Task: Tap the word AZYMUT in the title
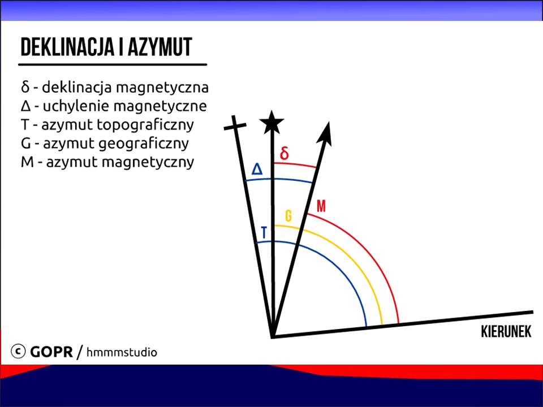160,47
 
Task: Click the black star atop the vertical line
272,122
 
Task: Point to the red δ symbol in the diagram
285,153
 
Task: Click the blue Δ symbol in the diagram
257,169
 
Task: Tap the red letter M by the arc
321,206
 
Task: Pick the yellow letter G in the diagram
288,215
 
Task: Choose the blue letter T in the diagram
264,232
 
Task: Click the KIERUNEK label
506,332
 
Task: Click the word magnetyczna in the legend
162,88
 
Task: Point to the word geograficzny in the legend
143,144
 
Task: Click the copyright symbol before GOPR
18,351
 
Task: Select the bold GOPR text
51,352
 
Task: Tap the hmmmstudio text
122,352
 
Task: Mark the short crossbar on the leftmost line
235,126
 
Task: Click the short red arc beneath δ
295,164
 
